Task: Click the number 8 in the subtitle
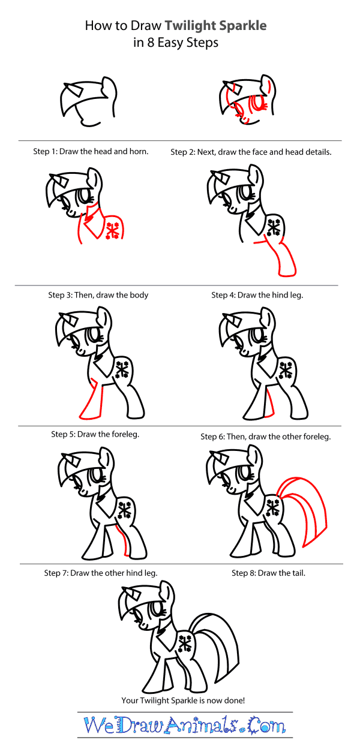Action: pyautogui.click(x=151, y=43)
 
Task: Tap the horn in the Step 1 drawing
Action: pyautogui.click(x=74, y=89)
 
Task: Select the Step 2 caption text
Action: pyautogui.click(x=251, y=152)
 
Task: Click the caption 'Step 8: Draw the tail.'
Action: pyautogui.click(x=268, y=573)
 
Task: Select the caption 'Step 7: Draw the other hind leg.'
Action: pyautogui.click(x=101, y=573)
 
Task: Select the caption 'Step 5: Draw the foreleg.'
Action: pyautogui.click(x=95, y=434)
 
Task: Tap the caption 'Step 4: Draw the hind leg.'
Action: pyautogui.click(x=257, y=295)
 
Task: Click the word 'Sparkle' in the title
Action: pyautogui.click(x=241, y=26)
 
